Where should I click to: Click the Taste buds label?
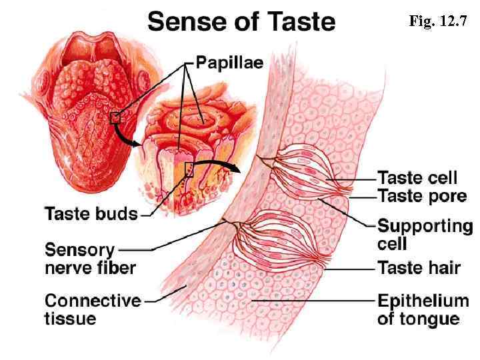pos(91,215)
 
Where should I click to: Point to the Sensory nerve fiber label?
pos(89,259)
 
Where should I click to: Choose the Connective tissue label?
pos(92,309)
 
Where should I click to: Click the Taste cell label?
pos(418,177)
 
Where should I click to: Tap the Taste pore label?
pos(418,195)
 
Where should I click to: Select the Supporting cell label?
pos(425,234)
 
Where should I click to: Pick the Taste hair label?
pos(419,268)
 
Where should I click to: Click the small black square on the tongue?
pos(115,118)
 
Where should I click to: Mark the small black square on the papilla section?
pos(189,169)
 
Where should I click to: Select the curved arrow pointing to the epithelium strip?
pos(217,164)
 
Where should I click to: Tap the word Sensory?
pos(79,250)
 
